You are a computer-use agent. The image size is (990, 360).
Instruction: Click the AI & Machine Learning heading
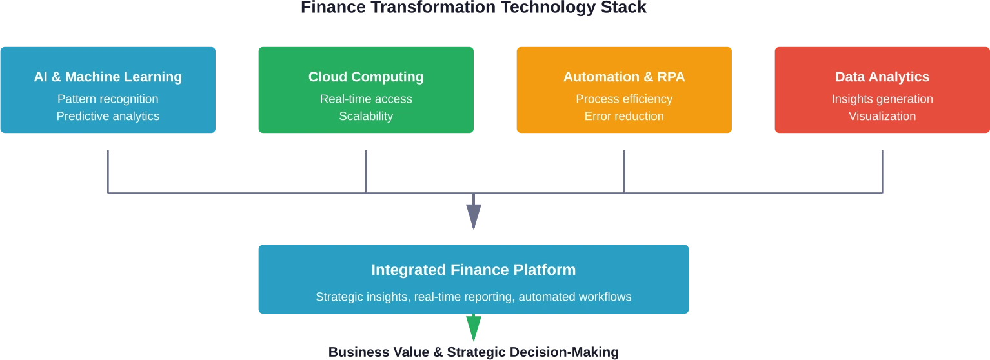coord(108,77)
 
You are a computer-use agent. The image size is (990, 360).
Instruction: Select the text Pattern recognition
coord(108,99)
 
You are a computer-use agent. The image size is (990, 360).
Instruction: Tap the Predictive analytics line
coord(108,116)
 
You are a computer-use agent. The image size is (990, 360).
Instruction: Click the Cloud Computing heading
coord(366,77)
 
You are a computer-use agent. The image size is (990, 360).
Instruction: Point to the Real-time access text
coord(366,99)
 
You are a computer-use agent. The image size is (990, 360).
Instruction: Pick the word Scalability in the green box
coord(366,116)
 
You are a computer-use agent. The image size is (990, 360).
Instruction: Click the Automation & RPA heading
coord(624,77)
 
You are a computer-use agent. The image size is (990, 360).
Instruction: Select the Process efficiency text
coord(624,99)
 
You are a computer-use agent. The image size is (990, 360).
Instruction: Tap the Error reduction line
coord(624,116)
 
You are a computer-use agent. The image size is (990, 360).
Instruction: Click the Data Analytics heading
coord(882,77)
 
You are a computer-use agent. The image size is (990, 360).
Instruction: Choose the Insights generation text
coord(882,99)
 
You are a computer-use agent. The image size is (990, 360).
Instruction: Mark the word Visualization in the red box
coord(882,116)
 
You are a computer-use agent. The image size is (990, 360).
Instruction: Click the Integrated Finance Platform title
coord(473,270)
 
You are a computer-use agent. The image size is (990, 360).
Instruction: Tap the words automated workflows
coord(574,297)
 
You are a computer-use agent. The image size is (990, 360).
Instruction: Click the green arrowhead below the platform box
coord(474,326)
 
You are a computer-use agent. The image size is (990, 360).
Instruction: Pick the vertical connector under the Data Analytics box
coord(882,171)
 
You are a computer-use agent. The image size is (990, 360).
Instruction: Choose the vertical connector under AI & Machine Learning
coord(108,171)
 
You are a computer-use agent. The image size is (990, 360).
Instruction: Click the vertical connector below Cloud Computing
coord(367,171)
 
